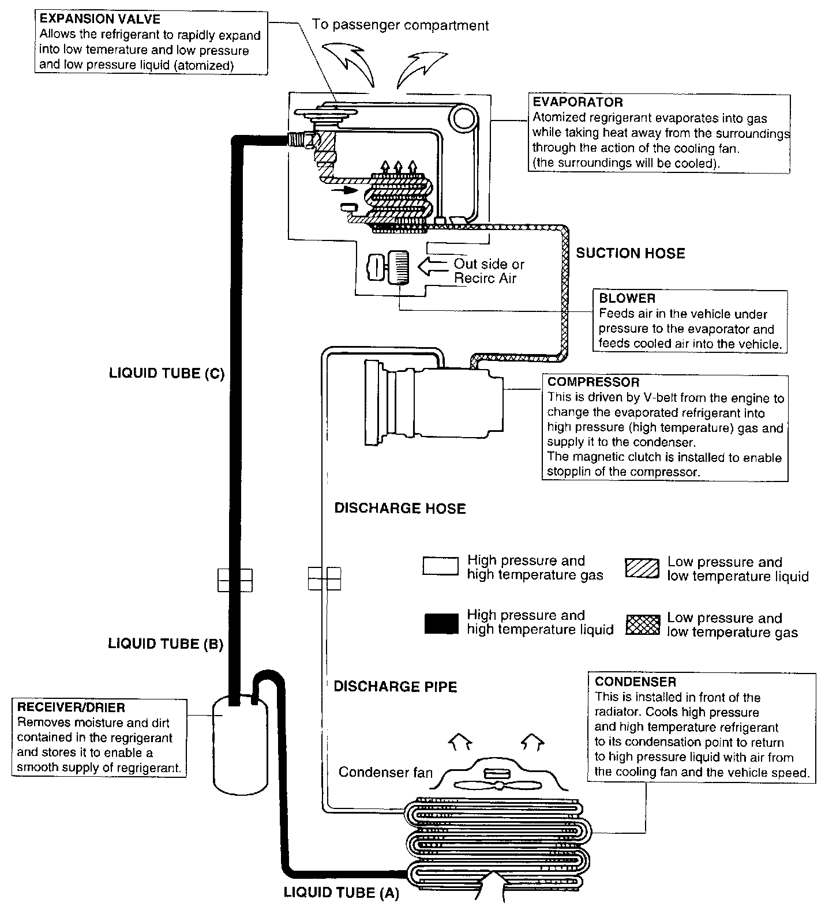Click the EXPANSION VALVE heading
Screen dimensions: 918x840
click(100, 20)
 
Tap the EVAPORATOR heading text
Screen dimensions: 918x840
click(577, 103)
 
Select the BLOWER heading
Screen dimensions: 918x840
click(627, 299)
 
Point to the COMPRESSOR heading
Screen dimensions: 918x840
click(593, 382)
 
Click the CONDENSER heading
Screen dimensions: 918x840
click(635, 682)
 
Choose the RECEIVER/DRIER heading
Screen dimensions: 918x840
click(71, 708)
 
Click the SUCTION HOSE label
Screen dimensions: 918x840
click(631, 253)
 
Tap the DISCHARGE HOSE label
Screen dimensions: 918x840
click(400, 509)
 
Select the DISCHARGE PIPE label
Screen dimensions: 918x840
click(395, 687)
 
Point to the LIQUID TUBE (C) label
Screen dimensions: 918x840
click(166, 374)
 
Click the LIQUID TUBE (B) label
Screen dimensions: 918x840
click(166, 644)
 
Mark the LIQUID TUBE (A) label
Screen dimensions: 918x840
click(341, 893)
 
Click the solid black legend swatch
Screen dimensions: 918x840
click(441, 623)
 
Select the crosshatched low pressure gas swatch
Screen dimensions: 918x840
click(642, 624)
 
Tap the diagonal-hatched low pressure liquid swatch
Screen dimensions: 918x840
click(642, 569)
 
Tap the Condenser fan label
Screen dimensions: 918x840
click(385, 772)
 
